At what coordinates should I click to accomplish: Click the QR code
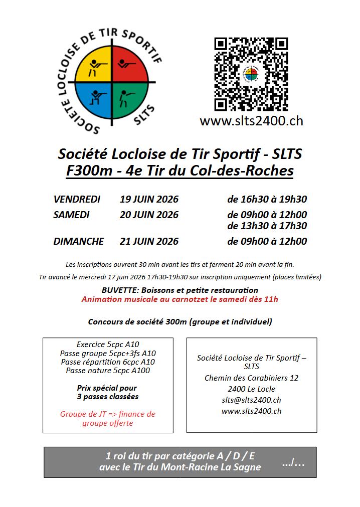(x=251, y=74)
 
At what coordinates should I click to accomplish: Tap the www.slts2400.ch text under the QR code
(x=251, y=121)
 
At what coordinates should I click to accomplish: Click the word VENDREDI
(x=77, y=199)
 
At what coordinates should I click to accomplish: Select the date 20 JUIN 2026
(x=149, y=215)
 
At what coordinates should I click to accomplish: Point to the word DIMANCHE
(x=79, y=241)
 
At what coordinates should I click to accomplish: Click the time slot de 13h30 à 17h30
(x=267, y=226)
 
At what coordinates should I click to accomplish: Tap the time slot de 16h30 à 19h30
(x=267, y=199)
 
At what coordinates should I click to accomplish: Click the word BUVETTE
(x=120, y=290)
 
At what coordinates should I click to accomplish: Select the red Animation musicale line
(x=179, y=299)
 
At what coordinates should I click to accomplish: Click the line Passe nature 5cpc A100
(x=108, y=371)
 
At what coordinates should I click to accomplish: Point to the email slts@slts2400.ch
(x=251, y=400)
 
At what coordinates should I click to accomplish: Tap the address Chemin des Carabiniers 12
(x=251, y=378)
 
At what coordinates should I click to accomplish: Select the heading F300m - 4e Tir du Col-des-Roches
(x=179, y=171)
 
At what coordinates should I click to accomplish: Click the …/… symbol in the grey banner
(x=293, y=462)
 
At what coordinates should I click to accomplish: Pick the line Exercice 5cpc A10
(x=108, y=344)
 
